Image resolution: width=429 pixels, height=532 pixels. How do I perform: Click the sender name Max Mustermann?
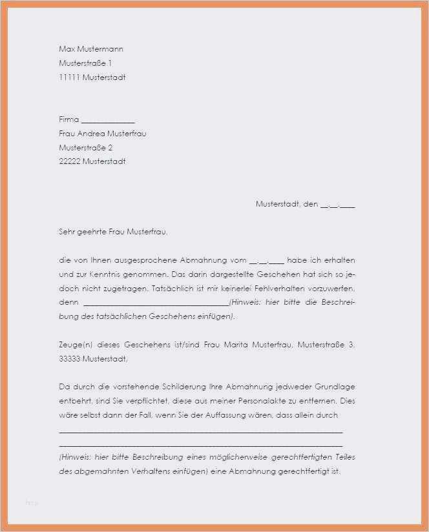pos(90,49)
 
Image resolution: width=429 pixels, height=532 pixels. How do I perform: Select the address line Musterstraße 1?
pos(85,63)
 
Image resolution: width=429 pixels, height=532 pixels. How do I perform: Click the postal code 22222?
pos(69,162)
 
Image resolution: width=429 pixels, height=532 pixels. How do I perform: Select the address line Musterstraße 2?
pos(85,148)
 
